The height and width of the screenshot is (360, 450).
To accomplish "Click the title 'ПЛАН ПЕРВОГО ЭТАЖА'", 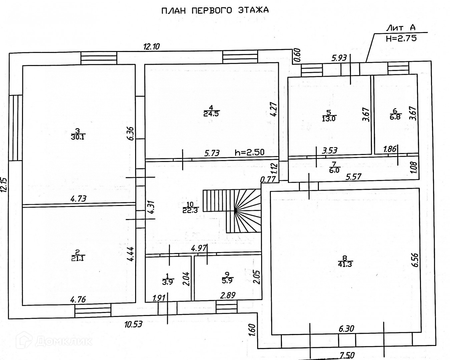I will [215, 10].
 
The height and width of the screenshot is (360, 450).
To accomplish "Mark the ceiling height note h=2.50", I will [250, 153].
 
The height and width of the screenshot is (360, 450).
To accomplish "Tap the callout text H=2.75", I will [401, 38].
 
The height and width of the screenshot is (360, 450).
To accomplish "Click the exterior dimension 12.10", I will [152, 47].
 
